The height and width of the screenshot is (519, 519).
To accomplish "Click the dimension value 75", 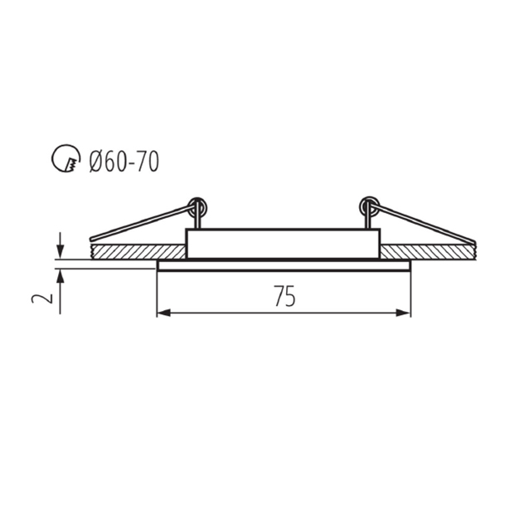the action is point(284,296).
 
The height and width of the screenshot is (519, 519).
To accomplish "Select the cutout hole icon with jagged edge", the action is point(66,158).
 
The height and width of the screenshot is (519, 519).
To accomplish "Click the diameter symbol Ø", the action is point(96,161).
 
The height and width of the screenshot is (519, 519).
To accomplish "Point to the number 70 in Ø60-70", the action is point(148,161).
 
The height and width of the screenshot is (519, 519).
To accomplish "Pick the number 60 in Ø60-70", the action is point(116,161).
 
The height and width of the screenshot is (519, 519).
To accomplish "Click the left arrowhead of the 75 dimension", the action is point(164,313).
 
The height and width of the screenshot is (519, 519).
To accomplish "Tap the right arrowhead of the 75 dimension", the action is point(403,313).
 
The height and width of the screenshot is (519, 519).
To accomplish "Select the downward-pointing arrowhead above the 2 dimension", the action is point(60,251).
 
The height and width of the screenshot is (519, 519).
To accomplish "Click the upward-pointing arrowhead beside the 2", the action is point(60,276).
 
